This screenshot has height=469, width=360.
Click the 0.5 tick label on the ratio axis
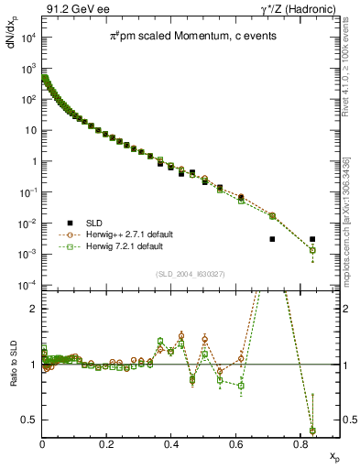click(x=30, y=420)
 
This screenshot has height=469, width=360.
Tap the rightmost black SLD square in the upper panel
click(x=312, y=239)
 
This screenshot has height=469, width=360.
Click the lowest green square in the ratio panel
click(x=312, y=431)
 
